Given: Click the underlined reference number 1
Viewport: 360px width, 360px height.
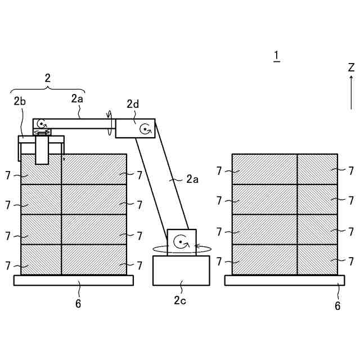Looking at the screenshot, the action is [276, 55].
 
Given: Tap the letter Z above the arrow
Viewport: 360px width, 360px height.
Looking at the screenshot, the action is [351, 67].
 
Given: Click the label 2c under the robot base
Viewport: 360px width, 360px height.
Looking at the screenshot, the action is [180, 300].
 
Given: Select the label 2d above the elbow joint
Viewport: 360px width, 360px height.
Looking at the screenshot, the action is [133, 104].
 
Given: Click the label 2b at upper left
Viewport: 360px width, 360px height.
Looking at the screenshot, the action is [20, 101].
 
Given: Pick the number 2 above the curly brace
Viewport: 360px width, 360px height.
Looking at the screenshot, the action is [48, 78].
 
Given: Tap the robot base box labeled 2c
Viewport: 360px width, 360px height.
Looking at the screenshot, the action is [181, 270].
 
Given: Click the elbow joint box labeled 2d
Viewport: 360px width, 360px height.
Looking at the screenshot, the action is [135, 128].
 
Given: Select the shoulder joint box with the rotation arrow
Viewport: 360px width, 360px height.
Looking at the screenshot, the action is [181, 242].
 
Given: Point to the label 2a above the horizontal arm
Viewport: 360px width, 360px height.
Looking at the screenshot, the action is [77, 98].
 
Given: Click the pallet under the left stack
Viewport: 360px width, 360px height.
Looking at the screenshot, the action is [73, 280].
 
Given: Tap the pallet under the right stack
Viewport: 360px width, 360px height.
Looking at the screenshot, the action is [285, 280].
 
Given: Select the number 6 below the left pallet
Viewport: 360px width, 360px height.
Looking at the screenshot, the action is [78, 304].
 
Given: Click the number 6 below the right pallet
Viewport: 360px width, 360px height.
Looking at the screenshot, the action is [337, 305].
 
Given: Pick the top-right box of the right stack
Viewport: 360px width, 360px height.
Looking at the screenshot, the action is [317, 169].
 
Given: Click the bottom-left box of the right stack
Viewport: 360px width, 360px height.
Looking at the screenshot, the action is [264, 260].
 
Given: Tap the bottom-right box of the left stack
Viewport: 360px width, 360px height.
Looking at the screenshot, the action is [94, 260].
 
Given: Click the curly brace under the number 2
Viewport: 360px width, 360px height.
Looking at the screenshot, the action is [48, 90].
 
